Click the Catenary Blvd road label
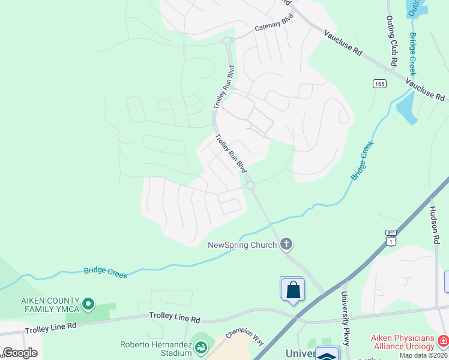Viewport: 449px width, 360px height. point(274,23)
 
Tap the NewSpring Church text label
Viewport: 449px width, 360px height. point(242,244)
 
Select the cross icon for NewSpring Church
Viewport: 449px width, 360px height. point(286,244)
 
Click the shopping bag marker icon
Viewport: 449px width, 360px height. point(292,290)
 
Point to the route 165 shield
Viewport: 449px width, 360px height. point(379,83)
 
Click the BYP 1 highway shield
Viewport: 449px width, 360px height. point(391,236)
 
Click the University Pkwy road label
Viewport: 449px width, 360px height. point(346,317)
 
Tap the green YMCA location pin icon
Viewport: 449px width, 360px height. point(88,304)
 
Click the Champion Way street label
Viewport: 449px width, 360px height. point(245,336)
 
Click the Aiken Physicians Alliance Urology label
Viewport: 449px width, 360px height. point(403,342)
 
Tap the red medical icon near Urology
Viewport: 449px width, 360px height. point(443,341)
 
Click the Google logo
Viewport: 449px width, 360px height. point(20,353)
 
